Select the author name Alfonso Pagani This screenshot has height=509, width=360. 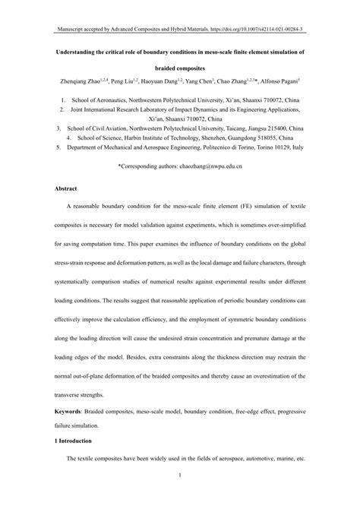286,80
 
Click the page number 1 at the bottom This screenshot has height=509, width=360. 179,476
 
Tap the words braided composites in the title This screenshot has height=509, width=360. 179,67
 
